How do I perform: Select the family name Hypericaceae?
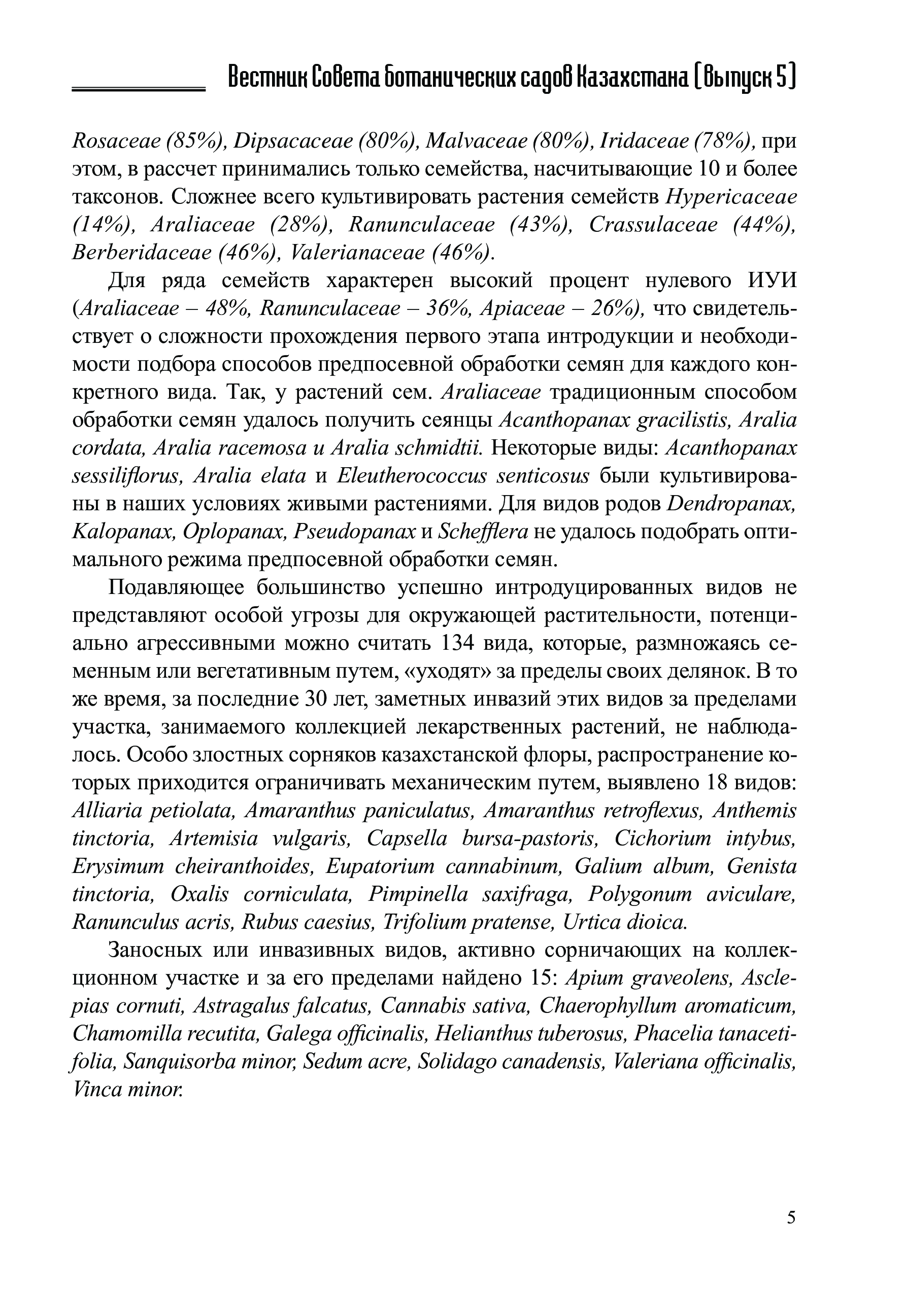click(731, 197)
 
